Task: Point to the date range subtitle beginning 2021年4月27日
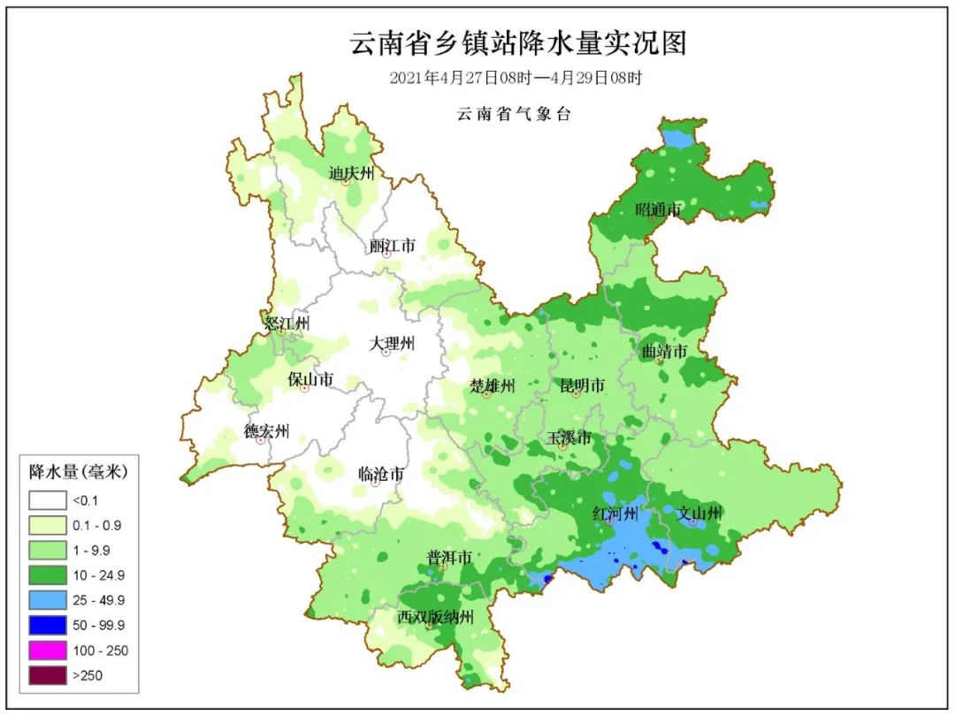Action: tap(516, 78)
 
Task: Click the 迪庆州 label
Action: tap(351, 172)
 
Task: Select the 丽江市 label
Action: tap(392, 246)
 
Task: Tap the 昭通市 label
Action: tap(659, 210)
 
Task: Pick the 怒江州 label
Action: tap(287, 323)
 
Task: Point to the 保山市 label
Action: tap(310, 379)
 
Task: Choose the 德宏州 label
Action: tap(266, 431)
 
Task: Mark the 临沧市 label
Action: tap(381, 475)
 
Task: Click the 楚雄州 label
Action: tap(492, 385)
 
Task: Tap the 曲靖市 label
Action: tap(664, 351)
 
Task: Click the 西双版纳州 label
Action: tap(436, 616)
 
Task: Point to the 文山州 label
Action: tap(699, 513)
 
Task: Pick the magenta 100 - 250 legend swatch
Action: tap(47, 650)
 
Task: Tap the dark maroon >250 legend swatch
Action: tap(47, 676)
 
